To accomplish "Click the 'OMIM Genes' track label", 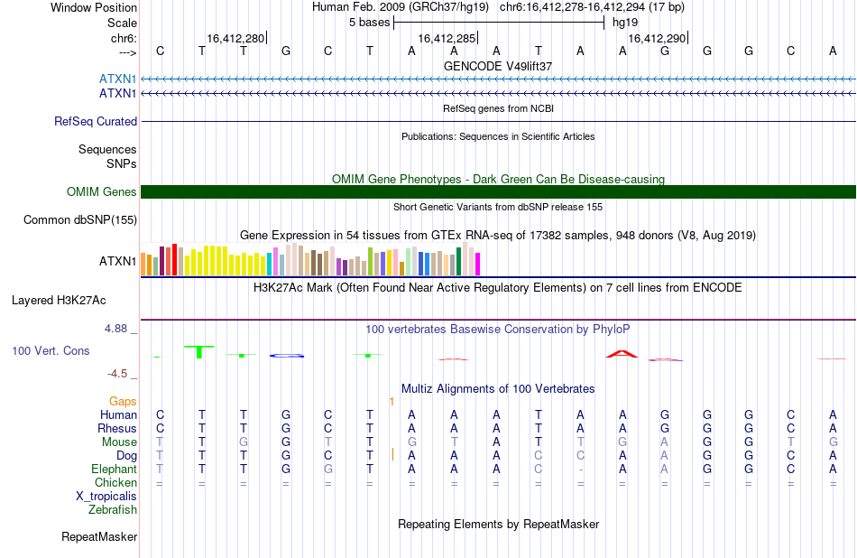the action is point(102,192).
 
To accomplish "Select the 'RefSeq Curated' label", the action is point(96,122).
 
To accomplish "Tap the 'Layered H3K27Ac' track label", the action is point(59,301).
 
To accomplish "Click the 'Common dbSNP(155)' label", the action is point(80,220).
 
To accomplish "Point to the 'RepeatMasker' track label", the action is point(99,536).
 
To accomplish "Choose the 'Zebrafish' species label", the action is point(113,510).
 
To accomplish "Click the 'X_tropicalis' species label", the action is point(106,497).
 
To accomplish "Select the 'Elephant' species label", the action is point(115,470).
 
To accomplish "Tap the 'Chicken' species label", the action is point(115,482).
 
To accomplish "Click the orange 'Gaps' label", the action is point(123,402).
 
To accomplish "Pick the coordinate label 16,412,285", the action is point(447,38).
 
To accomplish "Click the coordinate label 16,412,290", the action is point(657,38).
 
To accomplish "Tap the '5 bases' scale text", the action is point(370,23).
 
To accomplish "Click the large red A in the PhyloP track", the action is point(622,354).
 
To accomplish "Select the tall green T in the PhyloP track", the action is point(199,352).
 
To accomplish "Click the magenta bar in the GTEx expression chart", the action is point(478,264).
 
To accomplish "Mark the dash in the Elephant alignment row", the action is point(580,470).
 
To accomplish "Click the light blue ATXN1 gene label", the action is point(117,79).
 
